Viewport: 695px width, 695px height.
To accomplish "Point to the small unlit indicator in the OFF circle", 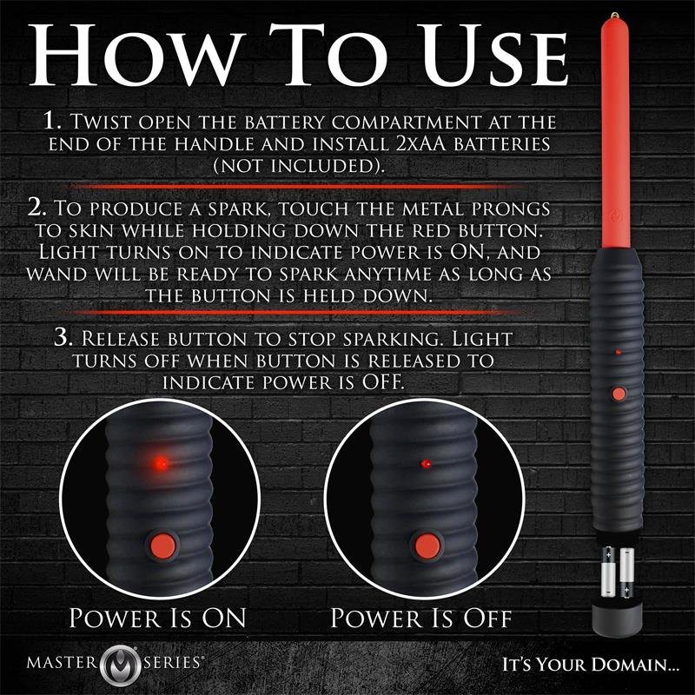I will point(425,465).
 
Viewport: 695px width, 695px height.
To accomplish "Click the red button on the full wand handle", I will point(618,394).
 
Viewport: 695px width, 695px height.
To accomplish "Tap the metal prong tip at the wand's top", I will point(615,16).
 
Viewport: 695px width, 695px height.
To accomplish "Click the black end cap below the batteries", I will point(618,618).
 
